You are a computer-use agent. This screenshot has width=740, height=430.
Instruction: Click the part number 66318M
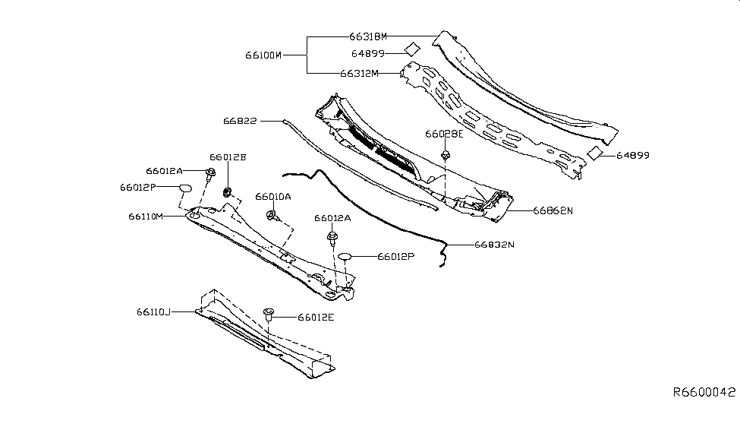pyautogui.click(x=368, y=36)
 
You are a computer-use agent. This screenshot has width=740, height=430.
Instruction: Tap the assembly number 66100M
pyautogui.click(x=263, y=55)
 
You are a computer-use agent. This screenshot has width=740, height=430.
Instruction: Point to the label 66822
pyautogui.click(x=240, y=120)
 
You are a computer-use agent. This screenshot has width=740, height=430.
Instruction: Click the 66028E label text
pyautogui.click(x=444, y=134)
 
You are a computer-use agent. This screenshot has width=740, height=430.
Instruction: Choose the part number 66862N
pyautogui.click(x=553, y=210)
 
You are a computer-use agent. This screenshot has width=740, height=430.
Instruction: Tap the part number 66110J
pyautogui.click(x=154, y=311)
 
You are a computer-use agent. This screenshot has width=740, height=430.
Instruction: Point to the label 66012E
pyautogui.click(x=316, y=317)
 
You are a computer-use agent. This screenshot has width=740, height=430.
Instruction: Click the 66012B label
pyautogui.click(x=228, y=157)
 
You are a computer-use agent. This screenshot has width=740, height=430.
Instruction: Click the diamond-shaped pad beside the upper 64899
pyautogui.click(x=411, y=49)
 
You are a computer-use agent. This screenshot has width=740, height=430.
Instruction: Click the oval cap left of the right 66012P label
pyautogui.click(x=345, y=257)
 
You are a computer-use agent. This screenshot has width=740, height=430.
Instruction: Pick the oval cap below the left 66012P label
pyautogui.click(x=184, y=189)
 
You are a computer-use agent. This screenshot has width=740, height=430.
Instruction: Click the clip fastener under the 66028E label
pyautogui.click(x=444, y=157)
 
